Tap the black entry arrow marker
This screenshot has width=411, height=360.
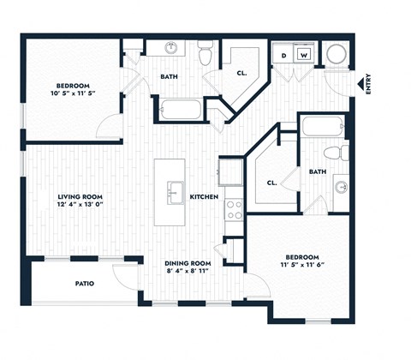point(360,84)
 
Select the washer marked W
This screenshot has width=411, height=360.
point(303,55)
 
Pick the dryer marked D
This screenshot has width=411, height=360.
point(284,55)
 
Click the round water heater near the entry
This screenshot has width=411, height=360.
point(335,55)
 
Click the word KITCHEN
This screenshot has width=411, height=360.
point(204,197)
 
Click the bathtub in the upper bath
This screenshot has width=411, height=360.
point(179,111)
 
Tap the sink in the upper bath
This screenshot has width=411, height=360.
point(170,48)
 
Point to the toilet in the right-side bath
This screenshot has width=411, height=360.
point(342,153)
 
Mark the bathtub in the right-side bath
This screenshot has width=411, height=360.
point(323,128)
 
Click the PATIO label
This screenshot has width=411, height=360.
point(84,283)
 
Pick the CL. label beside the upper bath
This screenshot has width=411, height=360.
point(242,73)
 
